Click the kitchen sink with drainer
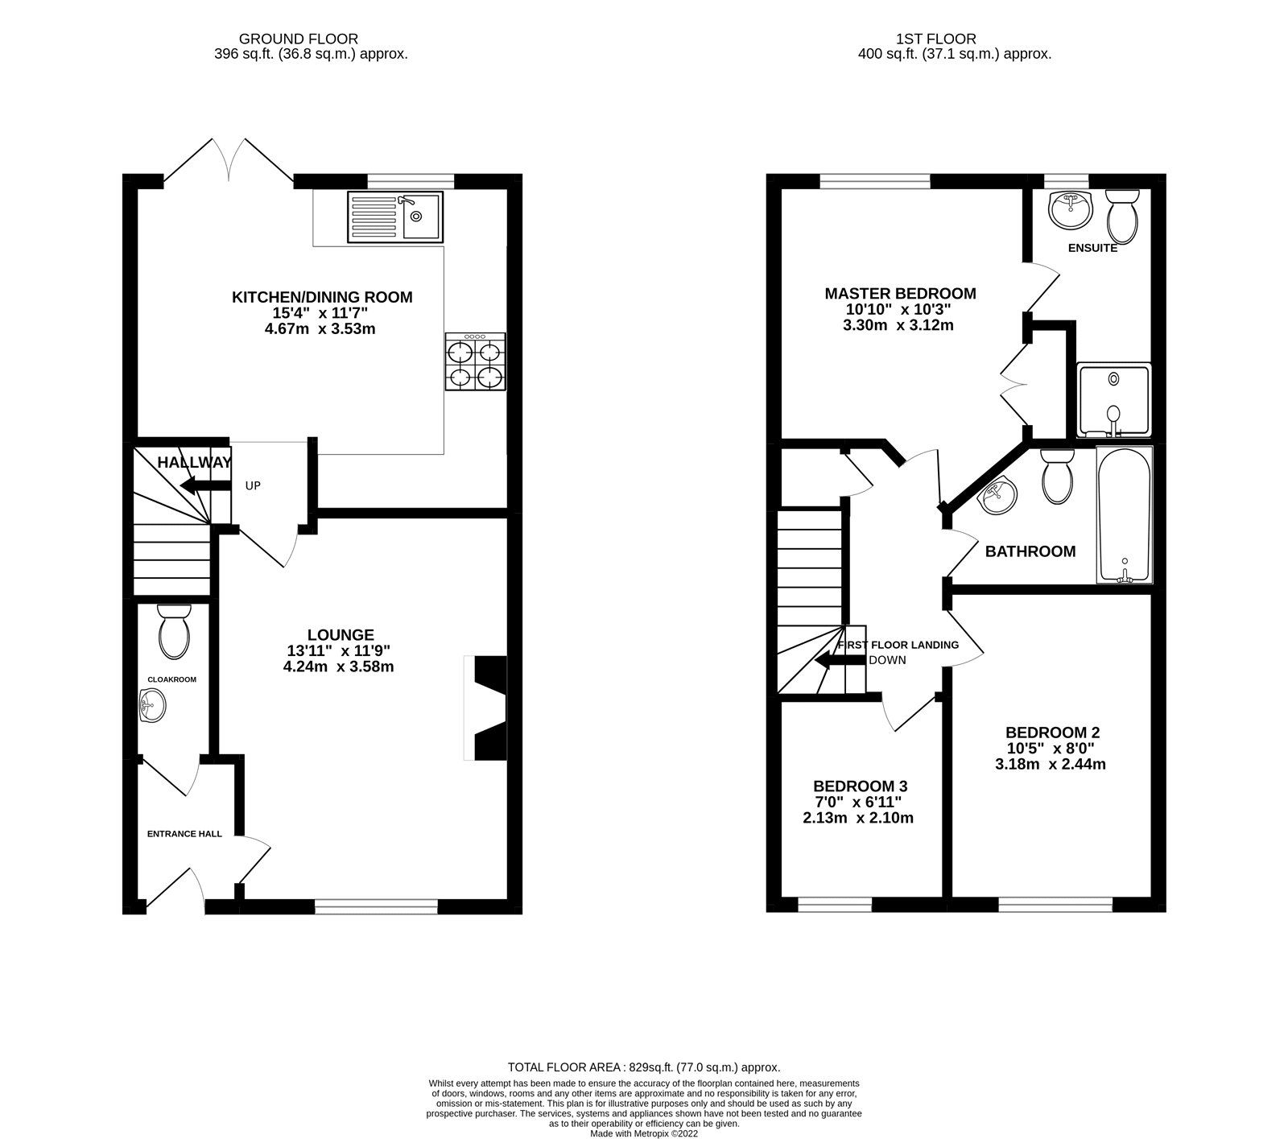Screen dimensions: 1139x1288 click(394, 217)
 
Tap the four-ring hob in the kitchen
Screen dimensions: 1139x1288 click(475, 363)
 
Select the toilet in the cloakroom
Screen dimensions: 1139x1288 click(175, 632)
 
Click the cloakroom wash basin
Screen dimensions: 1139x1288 click(153, 705)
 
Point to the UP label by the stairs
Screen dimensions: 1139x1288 click(253, 486)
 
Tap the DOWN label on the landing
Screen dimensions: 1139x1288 click(887, 660)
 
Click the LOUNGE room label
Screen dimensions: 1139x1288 click(341, 635)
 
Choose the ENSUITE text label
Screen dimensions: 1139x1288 click(1092, 248)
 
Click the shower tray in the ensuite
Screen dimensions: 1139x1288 click(1113, 400)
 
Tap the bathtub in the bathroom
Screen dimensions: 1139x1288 click(1125, 514)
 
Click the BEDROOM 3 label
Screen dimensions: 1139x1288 click(860, 786)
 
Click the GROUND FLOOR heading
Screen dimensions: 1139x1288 click(299, 39)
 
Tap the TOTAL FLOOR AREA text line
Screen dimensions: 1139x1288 click(644, 1067)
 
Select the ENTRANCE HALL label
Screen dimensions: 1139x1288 click(184, 834)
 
